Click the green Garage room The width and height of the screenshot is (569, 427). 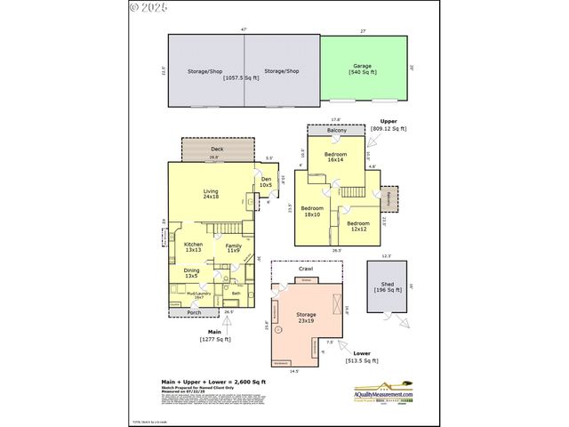tap(362, 68)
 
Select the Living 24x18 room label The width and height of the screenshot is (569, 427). tap(211, 193)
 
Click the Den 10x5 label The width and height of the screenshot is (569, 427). tap(265, 182)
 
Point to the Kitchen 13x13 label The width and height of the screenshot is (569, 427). tap(193, 246)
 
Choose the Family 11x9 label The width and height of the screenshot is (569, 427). tap(233, 247)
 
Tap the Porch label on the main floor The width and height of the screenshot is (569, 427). tap(193, 313)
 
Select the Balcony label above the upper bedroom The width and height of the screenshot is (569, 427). tap(336, 132)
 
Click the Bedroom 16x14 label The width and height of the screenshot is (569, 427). tap(335, 157)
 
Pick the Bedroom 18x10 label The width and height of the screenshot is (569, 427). tap(313, 212)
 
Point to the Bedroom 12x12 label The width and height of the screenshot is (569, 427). tap(357, 226)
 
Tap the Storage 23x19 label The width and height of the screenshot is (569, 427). tap(306, 317)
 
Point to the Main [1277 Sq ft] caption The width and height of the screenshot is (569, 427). tap(214, 335)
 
